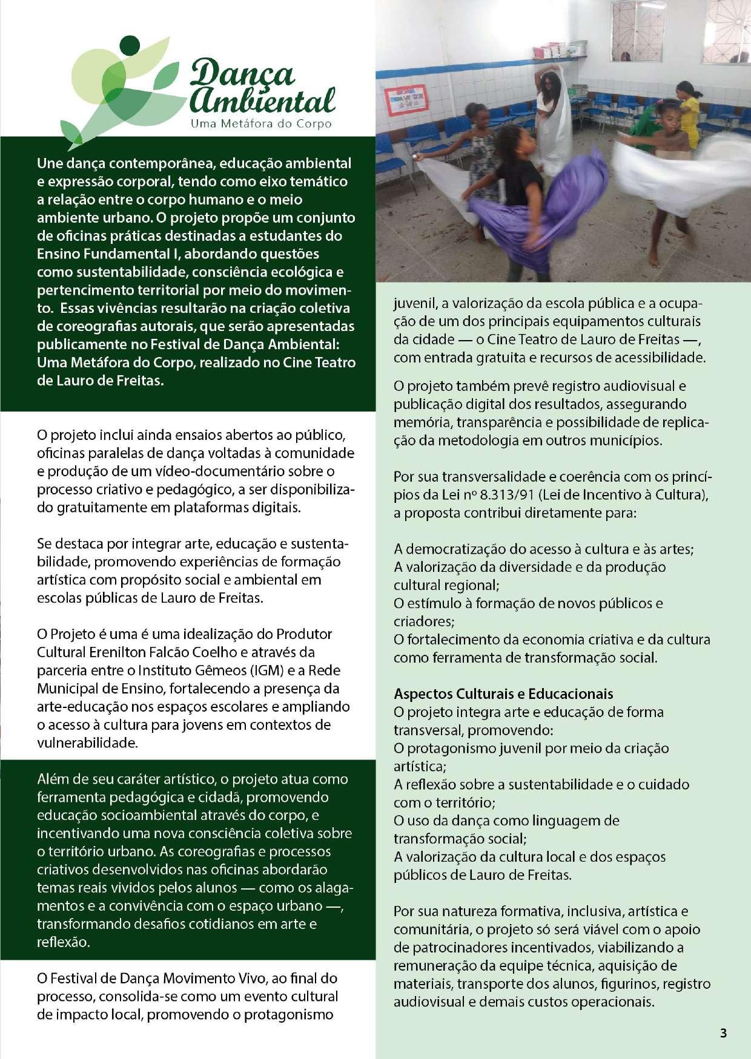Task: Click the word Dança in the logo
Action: tap(242, 74)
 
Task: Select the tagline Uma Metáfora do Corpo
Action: tap(261, 124)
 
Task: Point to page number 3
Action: tap(723, 1032)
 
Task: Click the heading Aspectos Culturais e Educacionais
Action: tap(503, 694)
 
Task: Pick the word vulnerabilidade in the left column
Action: tap(87, 743)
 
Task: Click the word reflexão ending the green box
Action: tap(63, 942)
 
